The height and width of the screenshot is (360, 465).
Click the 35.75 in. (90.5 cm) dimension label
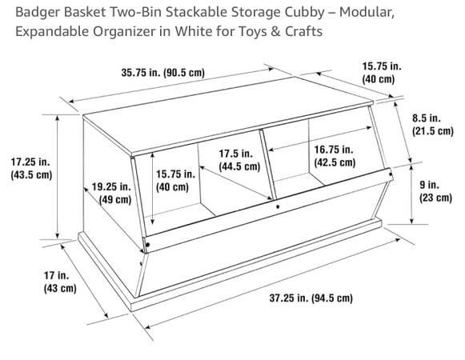(x=162, y=72)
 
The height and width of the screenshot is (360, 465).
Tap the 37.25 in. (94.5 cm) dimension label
(x=311, y=298)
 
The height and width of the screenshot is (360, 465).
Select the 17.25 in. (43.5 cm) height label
(x=31, y=168)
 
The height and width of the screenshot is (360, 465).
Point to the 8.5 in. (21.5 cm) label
(x=433, y=124)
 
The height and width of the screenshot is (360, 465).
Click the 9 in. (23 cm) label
(x=435, y=191)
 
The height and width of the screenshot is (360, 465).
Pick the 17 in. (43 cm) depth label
(x=60, y=282)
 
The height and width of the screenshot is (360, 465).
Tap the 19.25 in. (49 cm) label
(x=111, y=193)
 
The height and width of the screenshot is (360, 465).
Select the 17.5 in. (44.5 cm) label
(x=239, y=160)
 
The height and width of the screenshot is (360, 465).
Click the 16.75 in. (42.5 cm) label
(x=335, y=156)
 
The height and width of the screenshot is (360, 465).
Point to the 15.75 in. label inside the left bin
(x=175, y=174)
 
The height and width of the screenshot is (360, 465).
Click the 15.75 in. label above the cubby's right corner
(x=382, y=66)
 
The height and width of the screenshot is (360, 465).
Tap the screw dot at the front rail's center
(x=278, y=206)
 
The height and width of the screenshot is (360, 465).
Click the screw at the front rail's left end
(x=147, y=245)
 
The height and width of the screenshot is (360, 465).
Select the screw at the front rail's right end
(x=391, y=174)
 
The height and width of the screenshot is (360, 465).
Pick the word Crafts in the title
(x=303, y=31)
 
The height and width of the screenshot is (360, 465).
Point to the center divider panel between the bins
(x=268, y=165)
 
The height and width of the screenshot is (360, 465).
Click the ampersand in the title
(x=276, y=31)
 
